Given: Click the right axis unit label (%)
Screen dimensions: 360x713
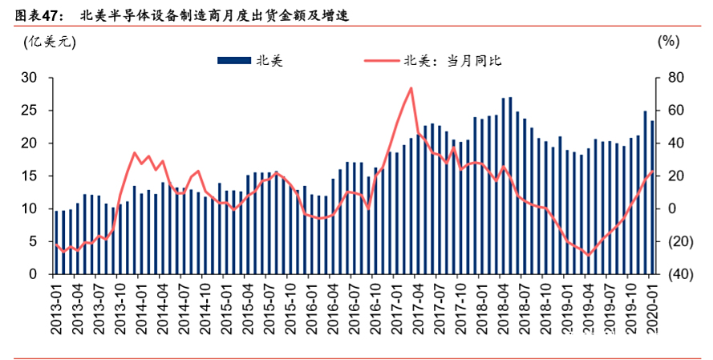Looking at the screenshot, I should click(x=667, y=42).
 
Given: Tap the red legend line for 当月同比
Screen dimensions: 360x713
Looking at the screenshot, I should click(x=381, y=60).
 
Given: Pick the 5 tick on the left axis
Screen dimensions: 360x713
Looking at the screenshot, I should click(x=33, y=241).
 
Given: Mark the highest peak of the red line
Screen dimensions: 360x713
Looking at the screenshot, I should click(x=411, y=88).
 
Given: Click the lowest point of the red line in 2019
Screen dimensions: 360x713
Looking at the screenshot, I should click(x=589, y=255).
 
